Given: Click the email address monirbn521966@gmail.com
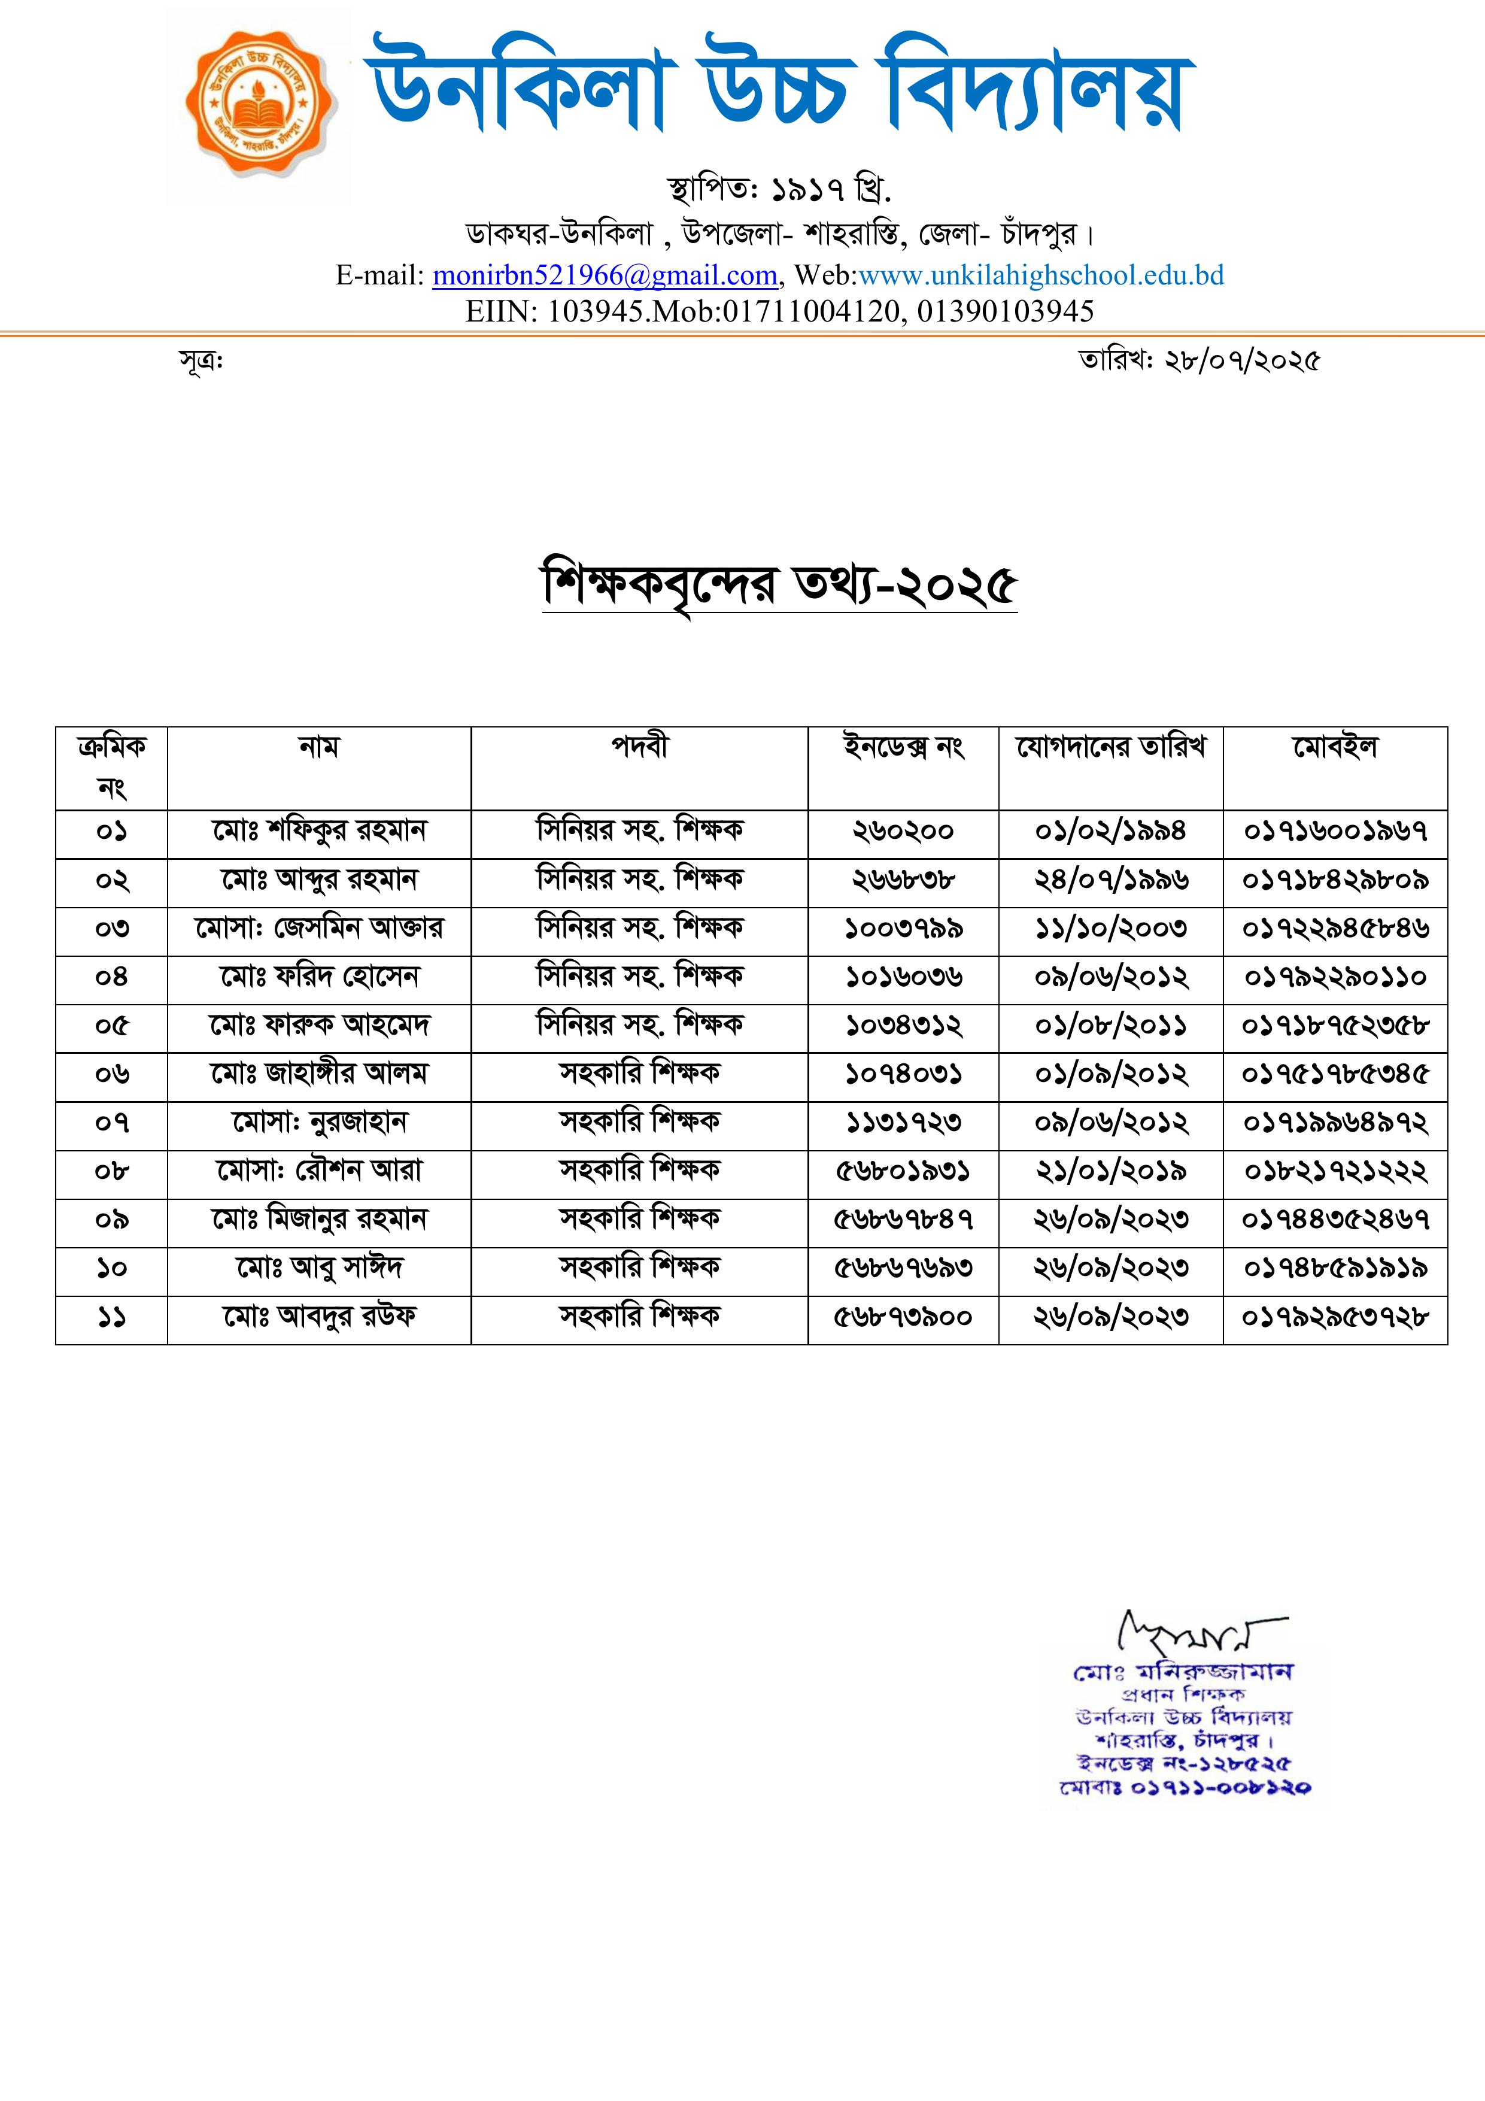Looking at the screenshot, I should [x=605, y=275].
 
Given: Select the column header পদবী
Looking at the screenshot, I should [x=640, y=748].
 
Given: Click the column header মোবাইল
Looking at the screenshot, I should [x=1335, y=748].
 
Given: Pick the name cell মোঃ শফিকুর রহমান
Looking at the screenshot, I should [x=319, y=832].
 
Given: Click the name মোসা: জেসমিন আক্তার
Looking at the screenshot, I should [x=319, y=929].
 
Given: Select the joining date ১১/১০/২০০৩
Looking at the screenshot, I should [x=1111, y=929].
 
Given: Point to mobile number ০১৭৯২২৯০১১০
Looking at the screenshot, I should [x=1335, y=977].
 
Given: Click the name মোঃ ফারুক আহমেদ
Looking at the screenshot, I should [x=319, y=1026].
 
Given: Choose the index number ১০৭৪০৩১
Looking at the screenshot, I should [x=903, y=1074].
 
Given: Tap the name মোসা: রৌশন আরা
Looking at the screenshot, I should [x=319, y=1171].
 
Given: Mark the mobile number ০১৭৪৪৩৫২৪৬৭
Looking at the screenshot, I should [x=1335, y=1220].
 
